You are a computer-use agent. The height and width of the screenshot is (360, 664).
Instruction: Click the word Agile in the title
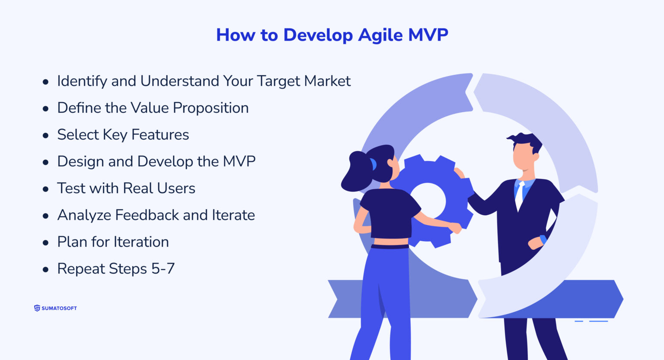tap(380, 35)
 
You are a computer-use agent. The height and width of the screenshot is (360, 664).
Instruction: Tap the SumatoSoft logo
tap(55, 308)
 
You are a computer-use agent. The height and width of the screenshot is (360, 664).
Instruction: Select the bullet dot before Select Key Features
tap(46, 136)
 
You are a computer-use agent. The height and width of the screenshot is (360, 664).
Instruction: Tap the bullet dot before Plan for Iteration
tap(46, 243)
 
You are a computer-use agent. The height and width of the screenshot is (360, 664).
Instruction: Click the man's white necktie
tap(519, 197)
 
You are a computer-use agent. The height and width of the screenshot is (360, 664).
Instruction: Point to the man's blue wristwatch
tap(543, 239)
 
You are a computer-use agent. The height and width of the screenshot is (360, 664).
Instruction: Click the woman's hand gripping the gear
tap(455, 227)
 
